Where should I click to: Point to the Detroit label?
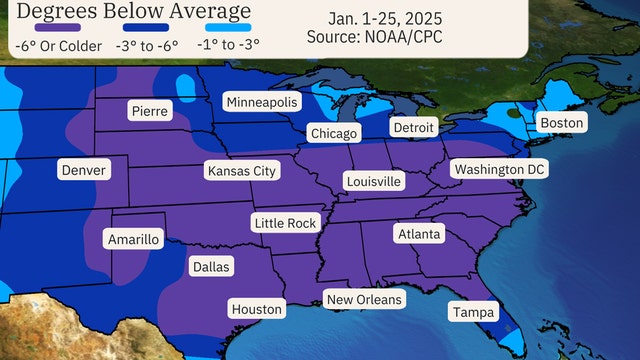(412, 128)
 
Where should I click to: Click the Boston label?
(561, 123)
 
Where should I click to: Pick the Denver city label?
(83, 171)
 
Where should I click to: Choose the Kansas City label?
(241, 171)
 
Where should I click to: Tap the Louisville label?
(373, 181)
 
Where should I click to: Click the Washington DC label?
(499, 170)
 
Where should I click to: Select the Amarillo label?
(133, 239)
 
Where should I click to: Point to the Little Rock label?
(285, 223)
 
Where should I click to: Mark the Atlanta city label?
(417, 233)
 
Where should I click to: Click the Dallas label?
(210, 267)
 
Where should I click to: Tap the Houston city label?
(257, 309)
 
